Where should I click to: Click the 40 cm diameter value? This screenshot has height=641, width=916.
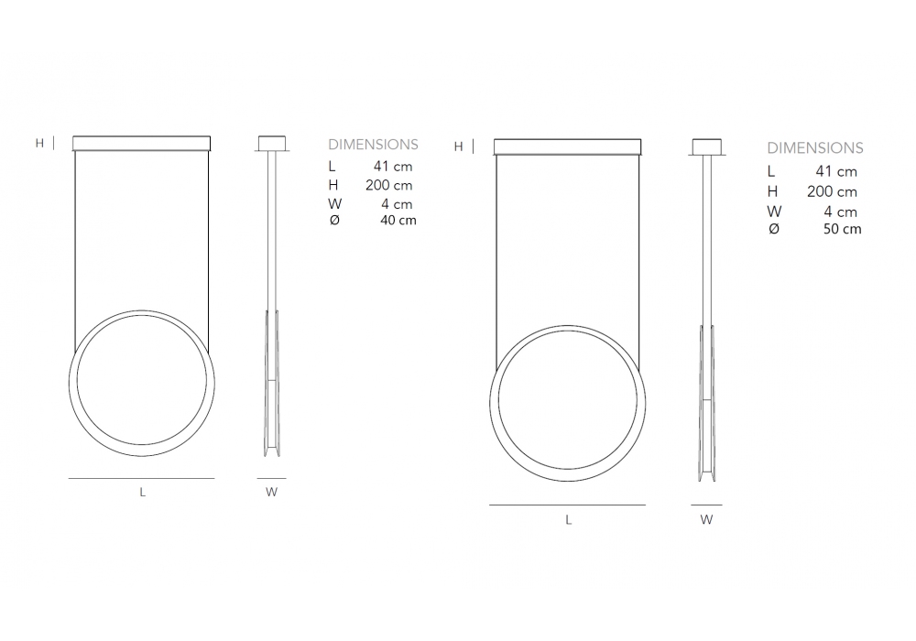pyautogui.click(x=398, y=220)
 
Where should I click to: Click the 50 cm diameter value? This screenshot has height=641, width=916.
pyautogui.click(x=842, y=229)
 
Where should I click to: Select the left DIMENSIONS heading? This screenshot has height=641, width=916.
pyautogui.click(x=374, y=144)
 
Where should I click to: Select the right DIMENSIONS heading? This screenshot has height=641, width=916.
pyautogui.click(x=815, y=147)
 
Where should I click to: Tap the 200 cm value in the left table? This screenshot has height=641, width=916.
pyautogui.click(x=389, y=185)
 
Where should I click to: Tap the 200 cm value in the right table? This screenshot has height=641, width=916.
pyautogui.click(x=832, y=191)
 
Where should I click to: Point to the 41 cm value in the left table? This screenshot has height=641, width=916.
pyautogui.click(x=393, y=167)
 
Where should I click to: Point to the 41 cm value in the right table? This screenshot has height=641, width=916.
pyautogui.click(x=836, y=171)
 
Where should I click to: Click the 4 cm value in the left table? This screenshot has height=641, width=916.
pyautogui.click(x=397, y=203)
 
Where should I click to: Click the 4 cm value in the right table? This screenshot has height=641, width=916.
pyautogui.click(x=841, y=212)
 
